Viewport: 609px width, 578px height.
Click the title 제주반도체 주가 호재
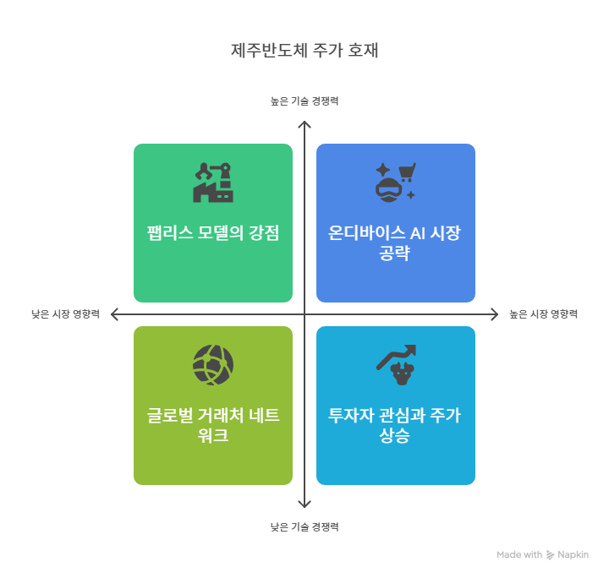coord(304,50)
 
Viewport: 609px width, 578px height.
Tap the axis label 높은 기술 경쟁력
coord(304,101)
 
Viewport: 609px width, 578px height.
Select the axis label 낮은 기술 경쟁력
coord(304,526)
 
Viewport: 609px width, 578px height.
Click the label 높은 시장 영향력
coord(544,314)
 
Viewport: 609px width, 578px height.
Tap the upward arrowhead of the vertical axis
coord(304,125)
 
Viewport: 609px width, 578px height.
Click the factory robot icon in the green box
coord(213,182)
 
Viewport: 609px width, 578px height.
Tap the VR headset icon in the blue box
coord(387,188)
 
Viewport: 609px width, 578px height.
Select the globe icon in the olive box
coord(213,364)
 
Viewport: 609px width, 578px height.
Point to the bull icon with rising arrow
coord(396,364)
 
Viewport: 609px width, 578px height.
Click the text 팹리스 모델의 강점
coord(213,234)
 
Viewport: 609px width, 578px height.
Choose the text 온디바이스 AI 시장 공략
coord(396,243)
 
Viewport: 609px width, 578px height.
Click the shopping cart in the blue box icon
coord(407,172)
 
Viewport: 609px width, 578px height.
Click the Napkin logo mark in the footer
coord(551,555)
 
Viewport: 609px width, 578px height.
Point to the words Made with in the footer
coord(519,555)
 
